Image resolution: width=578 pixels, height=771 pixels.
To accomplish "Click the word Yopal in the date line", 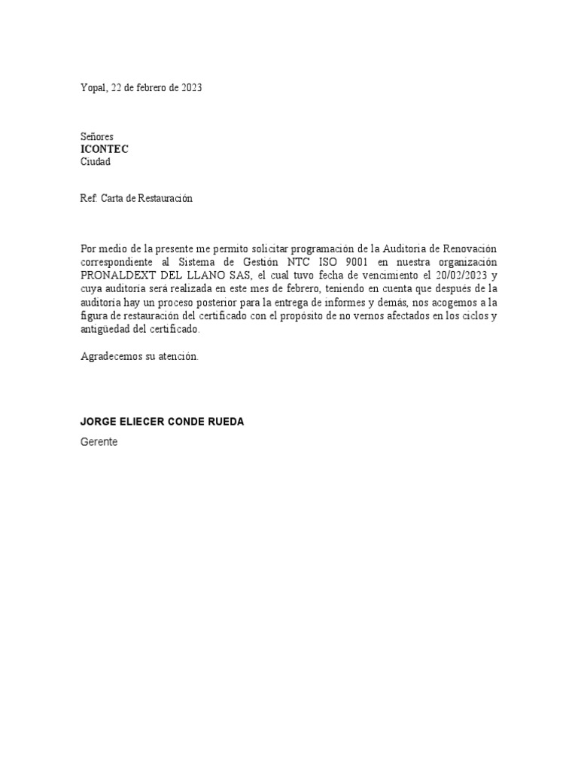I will (94, 88).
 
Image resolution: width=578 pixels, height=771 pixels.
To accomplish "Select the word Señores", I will (97, 137).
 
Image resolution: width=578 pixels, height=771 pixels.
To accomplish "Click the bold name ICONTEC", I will (105, 149).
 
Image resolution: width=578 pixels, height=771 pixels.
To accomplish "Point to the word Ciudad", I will (96, 162).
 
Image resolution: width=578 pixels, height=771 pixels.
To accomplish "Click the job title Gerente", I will (99, 443).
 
